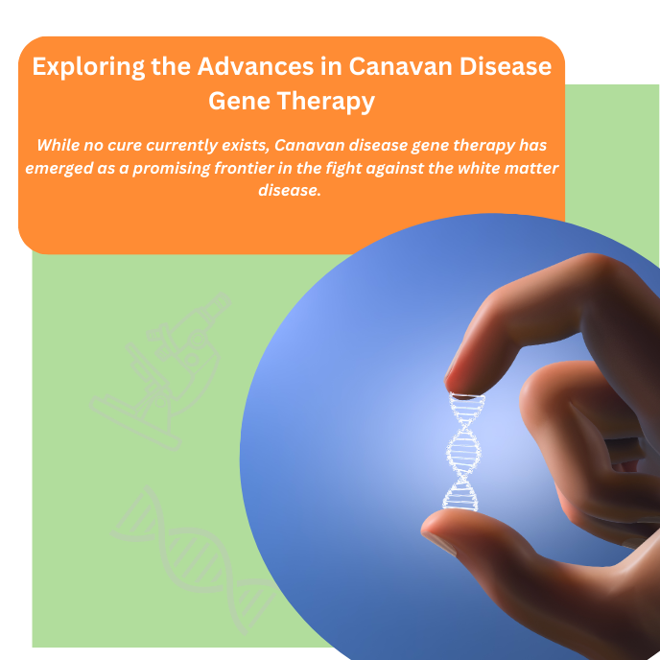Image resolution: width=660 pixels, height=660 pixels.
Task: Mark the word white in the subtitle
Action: (480, 168)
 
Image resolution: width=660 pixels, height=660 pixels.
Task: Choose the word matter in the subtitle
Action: (533, 168)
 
